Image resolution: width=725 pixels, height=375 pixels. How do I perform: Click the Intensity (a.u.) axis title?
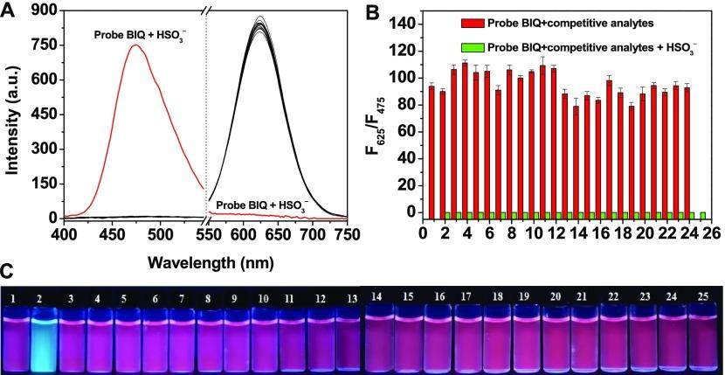(12, 114)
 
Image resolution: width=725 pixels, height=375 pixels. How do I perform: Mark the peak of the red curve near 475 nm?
(136, 45)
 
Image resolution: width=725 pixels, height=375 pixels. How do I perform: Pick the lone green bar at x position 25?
(701, 214)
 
